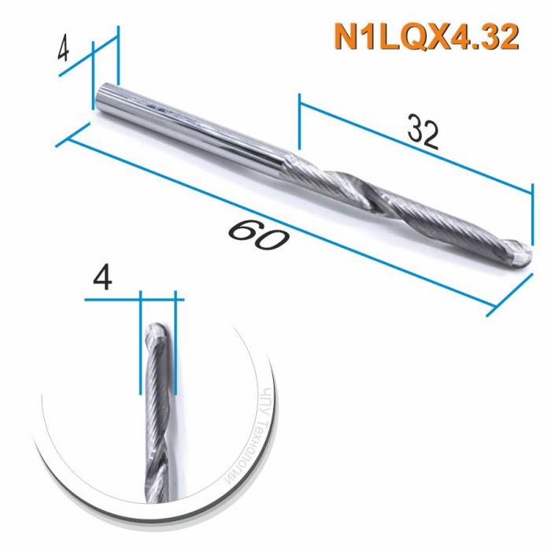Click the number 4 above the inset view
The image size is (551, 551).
[x=102, y=279]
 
